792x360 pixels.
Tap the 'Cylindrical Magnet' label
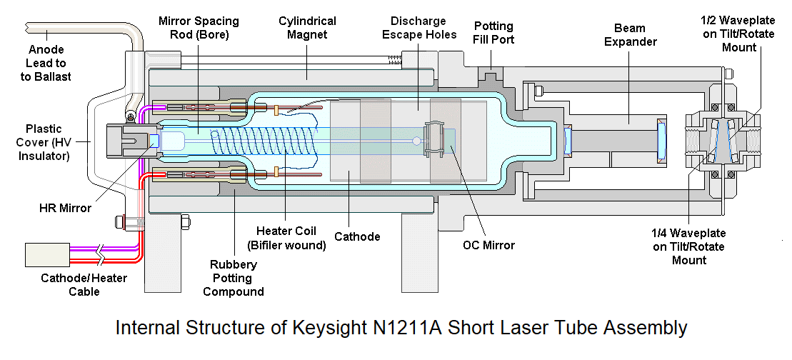tap(308, 28)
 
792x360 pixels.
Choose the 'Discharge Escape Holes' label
tap(419, 28)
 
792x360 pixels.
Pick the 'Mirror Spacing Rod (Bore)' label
tap(199, 28)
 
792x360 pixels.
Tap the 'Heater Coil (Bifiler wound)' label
tap(286, 238)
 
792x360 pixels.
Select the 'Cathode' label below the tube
tap(358, 236)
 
